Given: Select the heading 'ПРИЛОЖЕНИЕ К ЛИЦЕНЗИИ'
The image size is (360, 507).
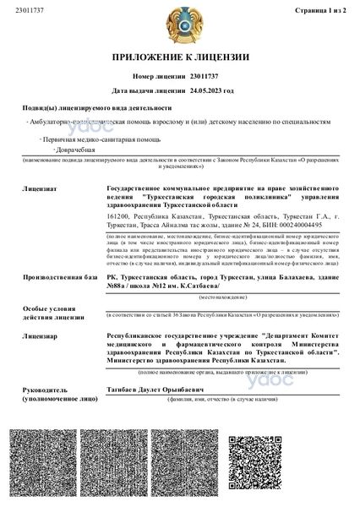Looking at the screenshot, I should click(180, 57).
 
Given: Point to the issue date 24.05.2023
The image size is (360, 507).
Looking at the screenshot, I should click(206, 89).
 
